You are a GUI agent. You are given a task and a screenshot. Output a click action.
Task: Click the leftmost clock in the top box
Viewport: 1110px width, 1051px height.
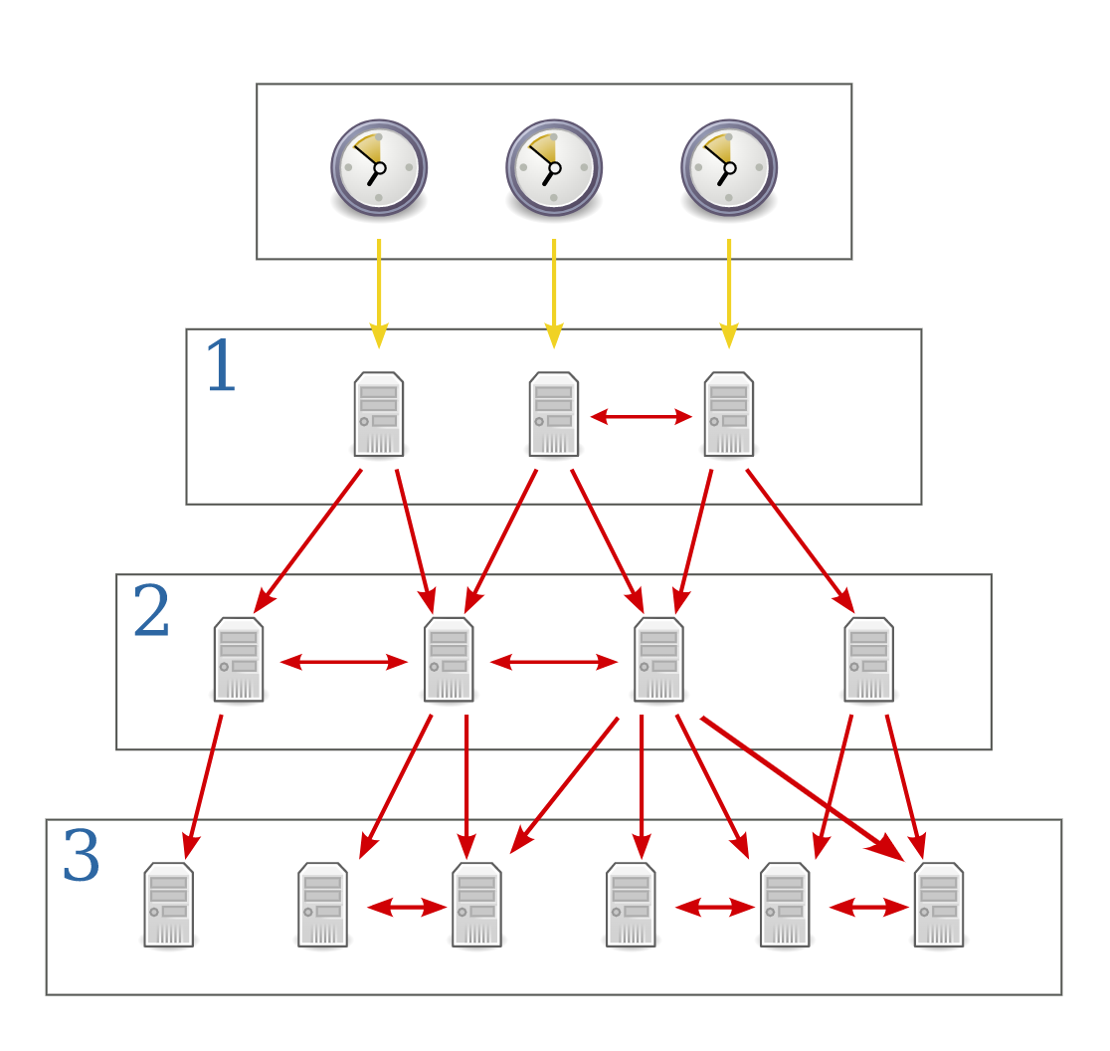[x=379, y=168]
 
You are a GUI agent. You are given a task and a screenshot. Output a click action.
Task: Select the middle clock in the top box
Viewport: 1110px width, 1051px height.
[x=554, y=168]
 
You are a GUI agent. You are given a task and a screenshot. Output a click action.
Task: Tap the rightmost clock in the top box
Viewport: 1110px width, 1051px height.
[x=729, y=168]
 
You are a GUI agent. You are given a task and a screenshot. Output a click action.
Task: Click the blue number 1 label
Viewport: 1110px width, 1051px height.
[x=220, y=367]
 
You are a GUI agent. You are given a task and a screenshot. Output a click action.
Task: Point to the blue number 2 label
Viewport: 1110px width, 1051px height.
[x=151, y=612]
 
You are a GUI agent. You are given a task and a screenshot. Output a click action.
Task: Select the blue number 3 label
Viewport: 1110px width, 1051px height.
[x=81, y=857]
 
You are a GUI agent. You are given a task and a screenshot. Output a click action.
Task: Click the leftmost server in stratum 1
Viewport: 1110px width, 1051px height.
[x=379, y=414]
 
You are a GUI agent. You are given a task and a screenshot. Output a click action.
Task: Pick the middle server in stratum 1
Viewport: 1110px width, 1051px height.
[x=554, y=414]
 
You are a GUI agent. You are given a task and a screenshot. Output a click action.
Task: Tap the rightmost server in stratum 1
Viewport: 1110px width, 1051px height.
[x=729, y=414]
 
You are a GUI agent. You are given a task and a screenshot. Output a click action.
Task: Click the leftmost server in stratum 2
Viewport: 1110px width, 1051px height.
[x=239, y=660]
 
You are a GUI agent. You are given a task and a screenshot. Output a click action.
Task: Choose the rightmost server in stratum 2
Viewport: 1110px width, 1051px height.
[x=868, y=660]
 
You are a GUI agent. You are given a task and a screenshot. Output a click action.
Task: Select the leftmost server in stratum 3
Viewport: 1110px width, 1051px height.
[x=169, y=905]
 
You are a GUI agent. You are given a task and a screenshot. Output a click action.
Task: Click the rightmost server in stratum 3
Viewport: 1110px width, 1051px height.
[x=939, y=905]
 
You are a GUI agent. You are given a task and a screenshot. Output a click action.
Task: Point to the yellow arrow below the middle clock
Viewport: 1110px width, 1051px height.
[x=554, y=293]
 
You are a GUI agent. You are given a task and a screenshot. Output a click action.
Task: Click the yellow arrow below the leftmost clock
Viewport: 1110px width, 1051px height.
[x=379, y=293]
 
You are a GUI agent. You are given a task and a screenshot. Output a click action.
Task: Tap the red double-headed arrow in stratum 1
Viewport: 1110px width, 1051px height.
[x=642, y=417]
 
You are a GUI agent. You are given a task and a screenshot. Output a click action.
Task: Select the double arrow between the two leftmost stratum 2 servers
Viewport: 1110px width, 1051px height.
[x=344, y=662]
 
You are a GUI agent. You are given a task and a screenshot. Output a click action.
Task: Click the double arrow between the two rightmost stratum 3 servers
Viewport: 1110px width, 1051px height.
[x=869, y=907]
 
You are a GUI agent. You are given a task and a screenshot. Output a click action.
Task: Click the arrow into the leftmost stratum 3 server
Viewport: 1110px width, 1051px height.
[x=203, y=786]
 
